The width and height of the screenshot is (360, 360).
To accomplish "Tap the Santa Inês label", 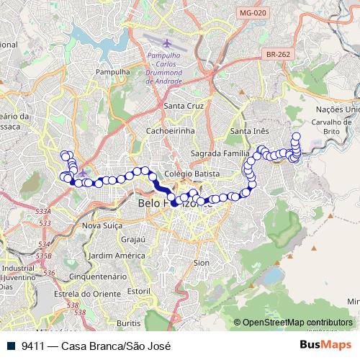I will [x=249, y=131].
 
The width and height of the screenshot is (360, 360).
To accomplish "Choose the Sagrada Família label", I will [x=219, y=154].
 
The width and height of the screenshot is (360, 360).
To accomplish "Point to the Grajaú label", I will [x=134, y=239].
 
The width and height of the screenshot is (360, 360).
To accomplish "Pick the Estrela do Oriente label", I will [x=91, y=292].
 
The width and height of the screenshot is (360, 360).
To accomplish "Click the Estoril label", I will [x=138, y=292].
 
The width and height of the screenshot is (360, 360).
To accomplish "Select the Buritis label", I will [x=128, y=323].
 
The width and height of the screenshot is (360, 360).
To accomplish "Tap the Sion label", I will [x=202, y=263].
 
